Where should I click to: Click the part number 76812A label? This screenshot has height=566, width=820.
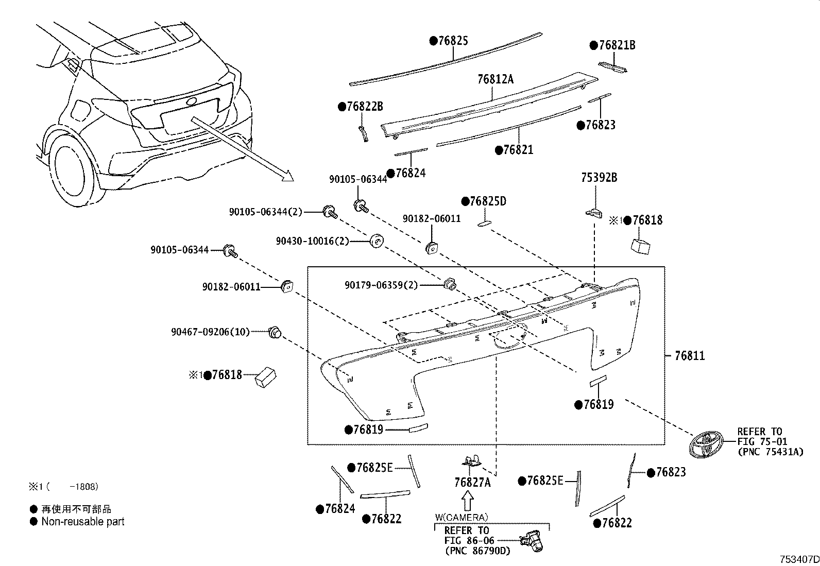tap(495, 79)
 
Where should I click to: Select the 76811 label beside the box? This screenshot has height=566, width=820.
tap(690, 355)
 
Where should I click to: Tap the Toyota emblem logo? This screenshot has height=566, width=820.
tap(706, 444)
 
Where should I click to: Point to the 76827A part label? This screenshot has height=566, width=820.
tap(472, 483)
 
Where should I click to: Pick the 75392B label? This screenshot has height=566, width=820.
tap(599, 178)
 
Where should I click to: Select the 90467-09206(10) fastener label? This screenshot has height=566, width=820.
tap(210, 332)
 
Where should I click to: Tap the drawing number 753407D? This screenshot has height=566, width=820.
tap(798, 559)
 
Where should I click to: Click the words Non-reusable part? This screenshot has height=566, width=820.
tap(83, 521)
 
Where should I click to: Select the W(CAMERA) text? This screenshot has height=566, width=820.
tap(462, 517)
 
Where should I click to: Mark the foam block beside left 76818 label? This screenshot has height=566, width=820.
tap(265, 378)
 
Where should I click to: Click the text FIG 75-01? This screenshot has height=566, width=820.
tap(759, 441)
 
